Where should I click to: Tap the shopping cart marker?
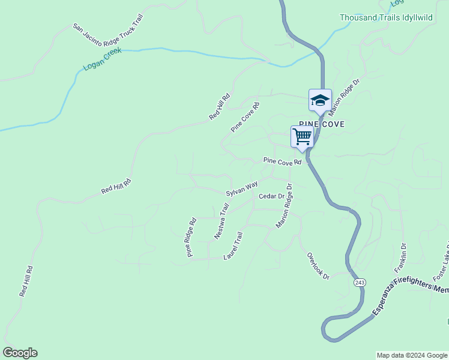click(302, 137)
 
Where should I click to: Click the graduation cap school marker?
click(320, 100)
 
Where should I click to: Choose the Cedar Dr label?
click(271, 196)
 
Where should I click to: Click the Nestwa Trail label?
click(222, 221)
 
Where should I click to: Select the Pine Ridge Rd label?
click(191, 238)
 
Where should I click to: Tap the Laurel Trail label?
click(233, 246)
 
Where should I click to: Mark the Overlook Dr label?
click(318, 266)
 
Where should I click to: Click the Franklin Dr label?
click(400, 258)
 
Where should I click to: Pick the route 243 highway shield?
click(360, 282)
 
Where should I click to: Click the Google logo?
click(20, 353)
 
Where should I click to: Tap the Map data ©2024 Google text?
click(412, 355)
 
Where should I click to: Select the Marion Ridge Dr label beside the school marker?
click(344, 95)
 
